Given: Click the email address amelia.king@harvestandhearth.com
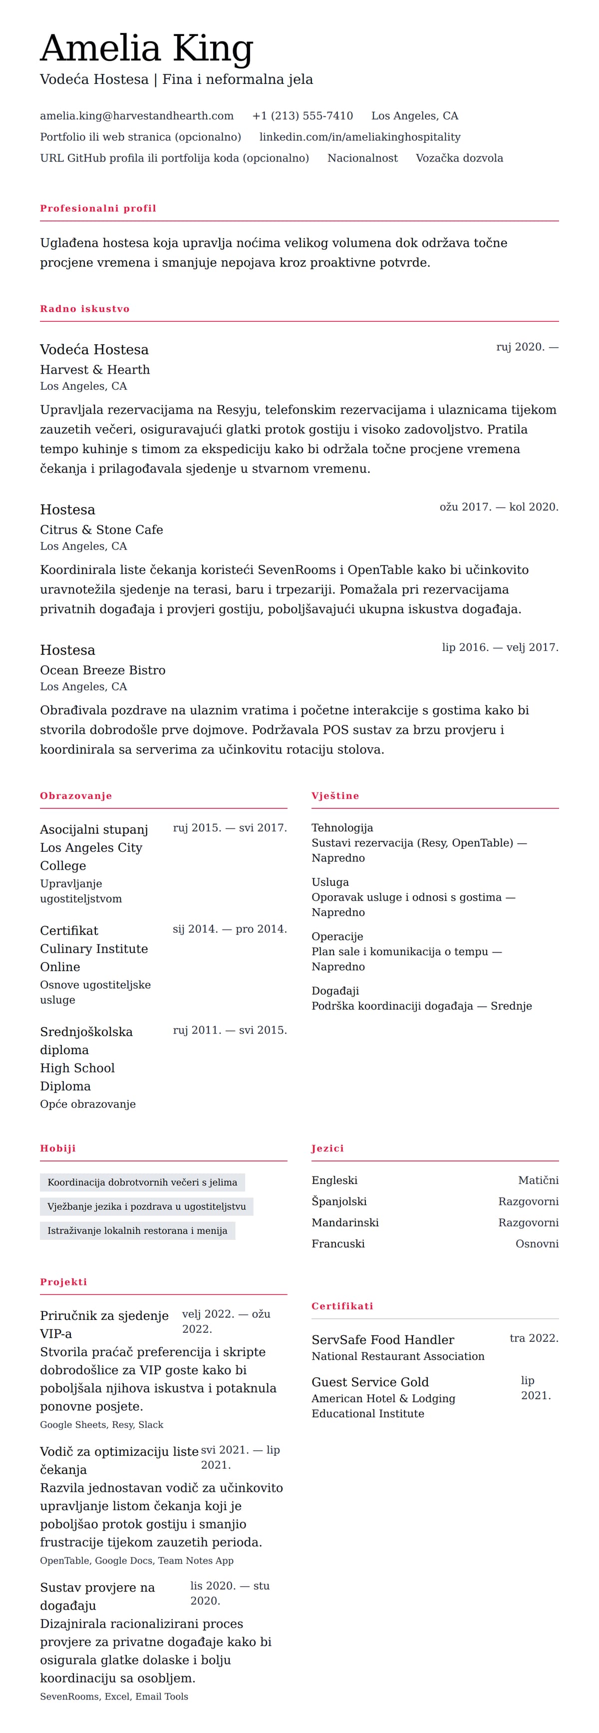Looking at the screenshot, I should [x=136, y=116].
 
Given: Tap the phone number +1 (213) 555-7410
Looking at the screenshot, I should [x=302, y=116].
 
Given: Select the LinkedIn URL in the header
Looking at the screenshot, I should [x=360, y=136].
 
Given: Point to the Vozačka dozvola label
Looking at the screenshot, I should [x=459, y=158].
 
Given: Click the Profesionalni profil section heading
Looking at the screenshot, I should [x=98, y=208].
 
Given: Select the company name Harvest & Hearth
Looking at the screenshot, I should [x=95, y=369].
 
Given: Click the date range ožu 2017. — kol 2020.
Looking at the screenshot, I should [x=498, y=507].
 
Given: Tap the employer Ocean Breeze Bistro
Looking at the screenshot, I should [x=102, y=670].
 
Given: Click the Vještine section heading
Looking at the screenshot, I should [x=335, y=796].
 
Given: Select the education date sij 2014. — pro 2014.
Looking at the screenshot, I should [x=229, y=929].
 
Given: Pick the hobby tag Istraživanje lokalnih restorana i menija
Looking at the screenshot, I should [x=137, y=1230].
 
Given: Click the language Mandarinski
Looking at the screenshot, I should [x=345, y=1222].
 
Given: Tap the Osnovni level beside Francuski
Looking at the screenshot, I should [x=537, y=1243].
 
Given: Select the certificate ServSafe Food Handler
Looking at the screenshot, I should [x=382, y=1339].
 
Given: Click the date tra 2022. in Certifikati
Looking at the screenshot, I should [x=534, y=1338].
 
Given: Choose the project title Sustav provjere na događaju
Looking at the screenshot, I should [x=97, y=1596].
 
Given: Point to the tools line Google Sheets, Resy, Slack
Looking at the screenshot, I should [x=101, y=1424].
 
